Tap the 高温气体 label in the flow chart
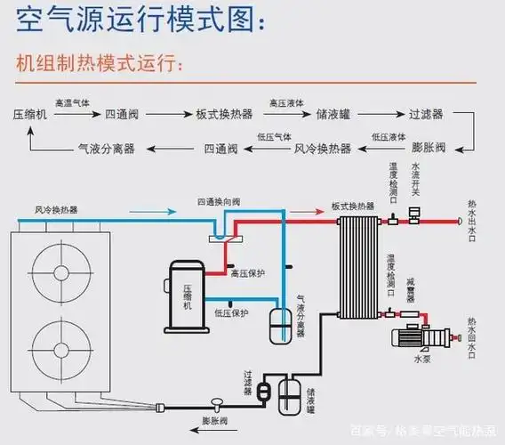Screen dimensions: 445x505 (73, 103)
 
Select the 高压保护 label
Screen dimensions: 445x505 (248, 273)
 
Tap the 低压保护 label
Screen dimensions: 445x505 (230, 313)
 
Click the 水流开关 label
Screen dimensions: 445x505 (415, 179)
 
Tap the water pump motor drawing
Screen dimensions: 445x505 (416, 338)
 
